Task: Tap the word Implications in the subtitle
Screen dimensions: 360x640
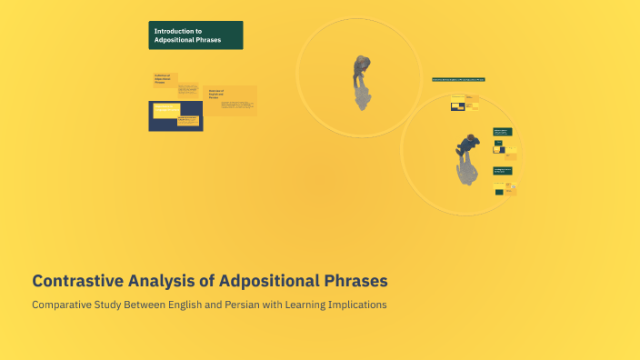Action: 356,305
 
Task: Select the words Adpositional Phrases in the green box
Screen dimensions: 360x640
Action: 187,40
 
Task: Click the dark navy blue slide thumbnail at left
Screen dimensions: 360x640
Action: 175,115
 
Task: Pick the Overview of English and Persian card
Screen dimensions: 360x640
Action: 230,100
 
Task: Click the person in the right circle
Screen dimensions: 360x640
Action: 468,145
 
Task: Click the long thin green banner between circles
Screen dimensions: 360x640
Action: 458,80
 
